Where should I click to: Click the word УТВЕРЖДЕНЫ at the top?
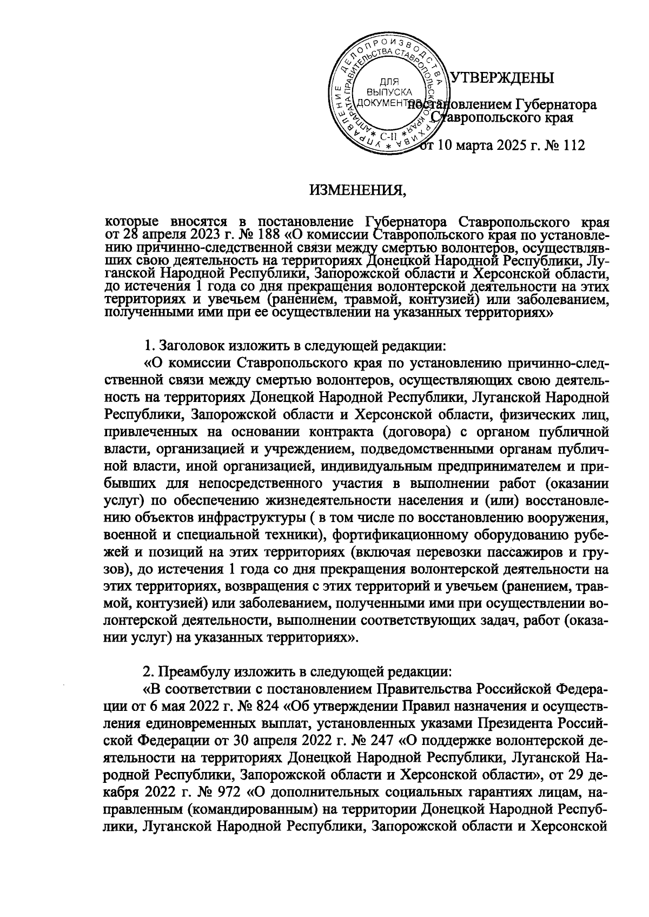tap(502, 78)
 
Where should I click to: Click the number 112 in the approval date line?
tap(573, 146)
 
